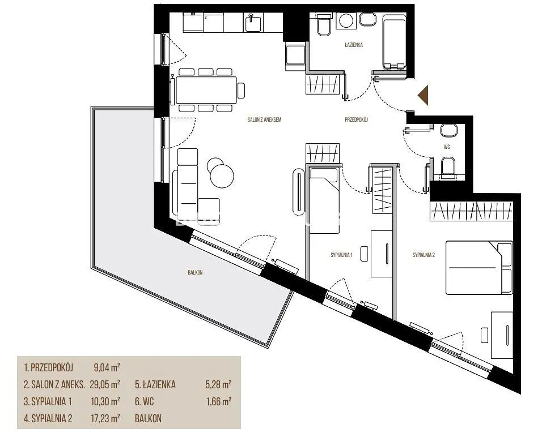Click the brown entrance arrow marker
(x=424, y=95)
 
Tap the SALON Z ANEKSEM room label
(x=264, y=120)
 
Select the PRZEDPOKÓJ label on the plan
(x=357, y=120)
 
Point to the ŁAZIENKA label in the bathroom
(x=354, y=45)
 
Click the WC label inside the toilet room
(x=447, y=147)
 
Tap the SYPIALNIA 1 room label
(x=341, y=255)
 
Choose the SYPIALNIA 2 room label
(x=424, y=255)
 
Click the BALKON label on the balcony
(x=195, y=272)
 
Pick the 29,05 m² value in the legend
(x=105, y=384)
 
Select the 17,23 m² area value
(x=105, y=419)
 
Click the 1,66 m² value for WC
(x=218, y=401)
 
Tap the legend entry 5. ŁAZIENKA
(x=155, y=384)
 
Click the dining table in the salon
(x=206, y=90)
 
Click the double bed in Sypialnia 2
(x=479, y=268)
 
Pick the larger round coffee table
(x=222, y=175)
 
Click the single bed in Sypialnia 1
(x=324, y=200)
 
